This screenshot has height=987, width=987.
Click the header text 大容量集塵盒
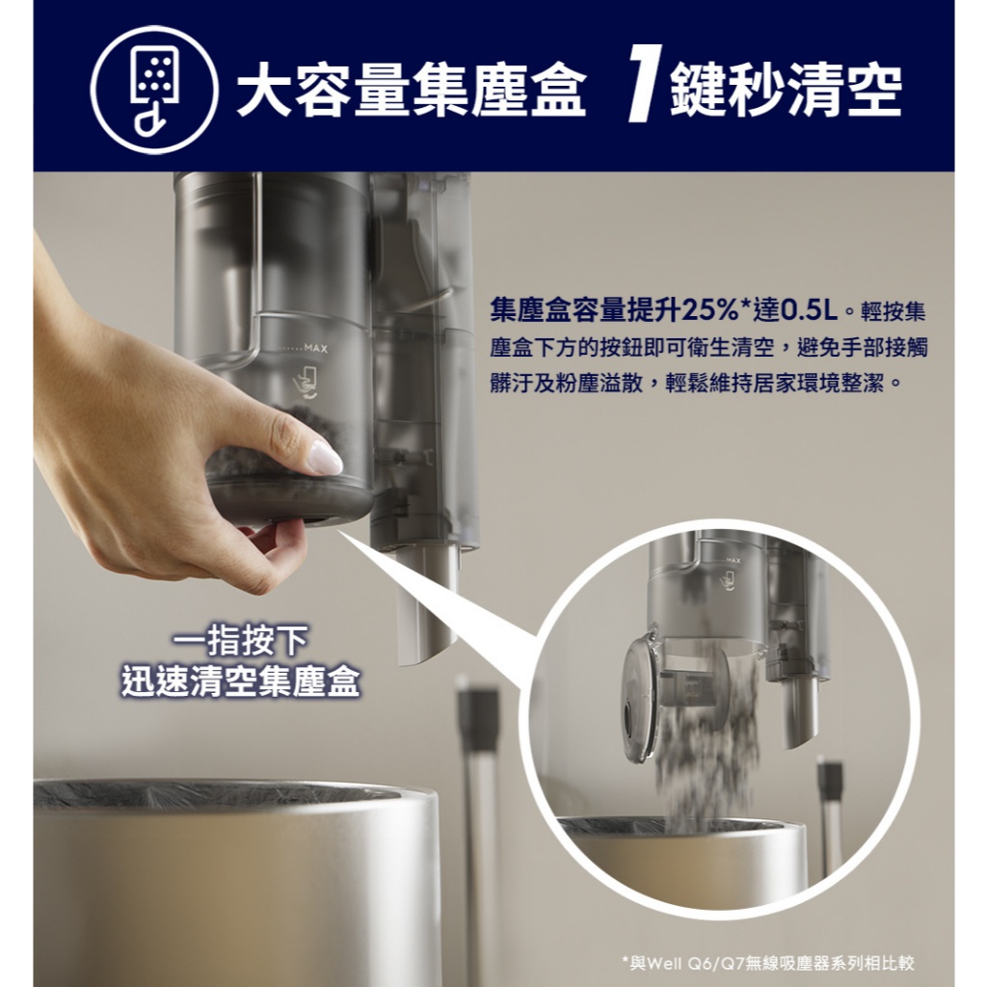[411, 90]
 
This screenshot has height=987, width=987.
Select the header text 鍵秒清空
[786, 90]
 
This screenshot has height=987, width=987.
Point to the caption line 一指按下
[240, 640]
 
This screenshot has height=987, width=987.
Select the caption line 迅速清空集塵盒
[240, 681]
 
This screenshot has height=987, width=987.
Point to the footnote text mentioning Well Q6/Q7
[768, 963]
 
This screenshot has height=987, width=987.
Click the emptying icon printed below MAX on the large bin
[307, 383]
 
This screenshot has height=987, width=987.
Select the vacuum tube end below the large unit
[426, 607]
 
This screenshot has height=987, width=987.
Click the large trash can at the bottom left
[238, 881]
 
